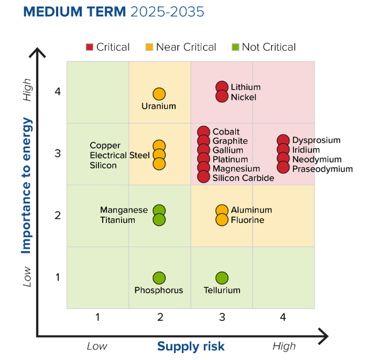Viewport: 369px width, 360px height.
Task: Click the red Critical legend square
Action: tap(89, 47)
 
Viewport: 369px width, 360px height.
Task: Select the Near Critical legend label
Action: tap(186, 47)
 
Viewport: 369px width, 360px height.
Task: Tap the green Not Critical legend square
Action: tap(235, 47)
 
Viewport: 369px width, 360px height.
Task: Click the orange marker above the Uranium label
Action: tap(159, 94)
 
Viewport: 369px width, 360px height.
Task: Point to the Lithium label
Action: tap(246, 88)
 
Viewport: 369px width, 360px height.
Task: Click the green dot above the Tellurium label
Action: tap(222, 278)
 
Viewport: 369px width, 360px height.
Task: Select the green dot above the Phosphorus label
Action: tap(159, 278)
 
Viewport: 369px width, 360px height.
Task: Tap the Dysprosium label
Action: tap(316, 140)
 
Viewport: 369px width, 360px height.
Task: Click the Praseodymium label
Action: tap(322, 169)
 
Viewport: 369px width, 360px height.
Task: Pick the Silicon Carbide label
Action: tap(243, 178)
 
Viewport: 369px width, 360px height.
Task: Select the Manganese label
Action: tap(124, 210)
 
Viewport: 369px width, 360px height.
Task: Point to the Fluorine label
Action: tap(247, 220)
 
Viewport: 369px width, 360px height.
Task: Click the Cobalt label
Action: tap(226, 132)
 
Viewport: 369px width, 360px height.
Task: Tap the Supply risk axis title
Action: tap(191, 346)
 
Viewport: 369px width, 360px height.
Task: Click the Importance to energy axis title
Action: tap(26, 185)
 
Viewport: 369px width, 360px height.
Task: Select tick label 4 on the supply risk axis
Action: tap(283, 317)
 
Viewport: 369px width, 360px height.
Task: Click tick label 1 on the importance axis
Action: tap(58, 278)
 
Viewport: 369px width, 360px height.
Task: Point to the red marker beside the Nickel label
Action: tap(222, 96)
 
